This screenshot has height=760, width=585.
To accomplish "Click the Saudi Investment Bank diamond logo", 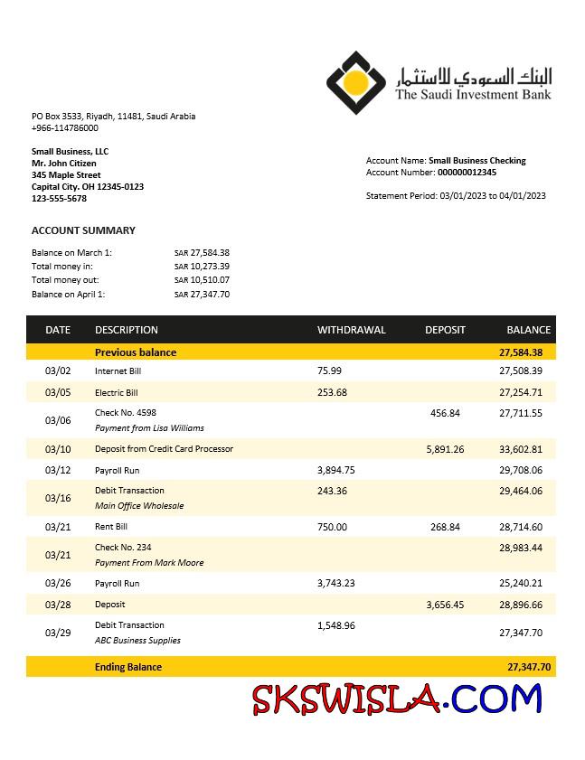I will point(356,82).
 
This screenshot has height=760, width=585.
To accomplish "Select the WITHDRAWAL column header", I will point(351,330).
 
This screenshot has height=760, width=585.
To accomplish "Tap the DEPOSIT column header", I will point(445,330).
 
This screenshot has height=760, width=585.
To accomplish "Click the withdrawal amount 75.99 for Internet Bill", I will point(330,371).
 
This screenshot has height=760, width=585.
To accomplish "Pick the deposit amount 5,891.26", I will point(445,449).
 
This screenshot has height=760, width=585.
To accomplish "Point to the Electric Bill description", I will point(117,393).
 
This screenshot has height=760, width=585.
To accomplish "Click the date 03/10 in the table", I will point(58,449).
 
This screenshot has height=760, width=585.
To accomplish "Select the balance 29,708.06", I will point(520,470).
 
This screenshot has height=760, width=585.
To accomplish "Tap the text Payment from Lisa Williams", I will point(149,428).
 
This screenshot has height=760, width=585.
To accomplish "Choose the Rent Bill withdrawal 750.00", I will point(332,527).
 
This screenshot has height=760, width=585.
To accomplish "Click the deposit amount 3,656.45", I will point(445,605).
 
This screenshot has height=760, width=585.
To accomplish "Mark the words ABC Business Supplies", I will point(137,641).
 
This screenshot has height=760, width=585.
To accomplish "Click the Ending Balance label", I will point(128,667).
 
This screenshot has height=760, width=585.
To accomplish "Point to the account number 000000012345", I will point(467,173).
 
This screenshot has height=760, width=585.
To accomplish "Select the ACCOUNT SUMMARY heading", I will point(83,230).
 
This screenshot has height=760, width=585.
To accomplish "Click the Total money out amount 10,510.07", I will point(207,280).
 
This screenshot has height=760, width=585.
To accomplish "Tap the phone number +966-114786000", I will point(65,128).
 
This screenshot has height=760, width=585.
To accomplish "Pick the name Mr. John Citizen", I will point(64,164).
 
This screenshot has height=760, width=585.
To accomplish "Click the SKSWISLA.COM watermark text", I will point(397,699).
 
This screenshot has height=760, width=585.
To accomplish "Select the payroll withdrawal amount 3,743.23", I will point(336,584).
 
